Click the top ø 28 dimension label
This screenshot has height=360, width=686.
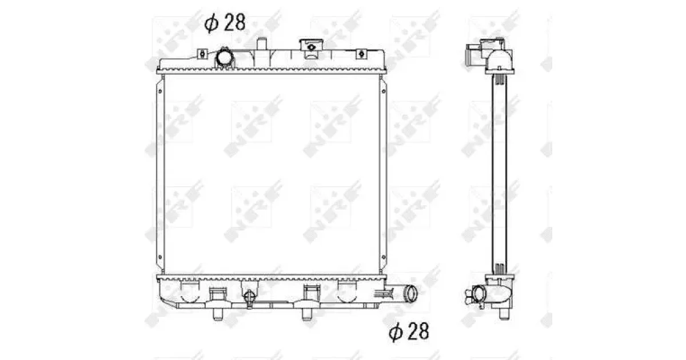[225, 22]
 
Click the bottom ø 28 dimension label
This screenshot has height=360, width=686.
[409, 331]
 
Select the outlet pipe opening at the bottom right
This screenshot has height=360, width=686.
[410, 293]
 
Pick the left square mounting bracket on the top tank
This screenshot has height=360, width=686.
[202, 54]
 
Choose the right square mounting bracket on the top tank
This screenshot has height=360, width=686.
[361, 54]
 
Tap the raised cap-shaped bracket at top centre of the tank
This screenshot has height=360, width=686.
[311, 45]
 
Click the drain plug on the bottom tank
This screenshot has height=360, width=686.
[250, 298]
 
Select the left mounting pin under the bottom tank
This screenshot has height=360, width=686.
[217, 314]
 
